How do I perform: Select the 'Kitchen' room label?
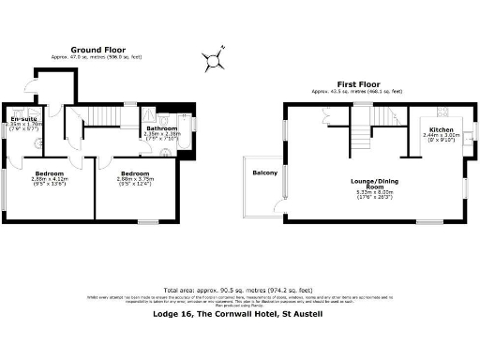pos(442,129)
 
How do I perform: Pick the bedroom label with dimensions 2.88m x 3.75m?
pos(136,174)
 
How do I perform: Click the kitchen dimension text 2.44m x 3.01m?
pos(442,136)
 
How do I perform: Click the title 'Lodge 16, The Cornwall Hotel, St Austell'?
pos(239,315)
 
